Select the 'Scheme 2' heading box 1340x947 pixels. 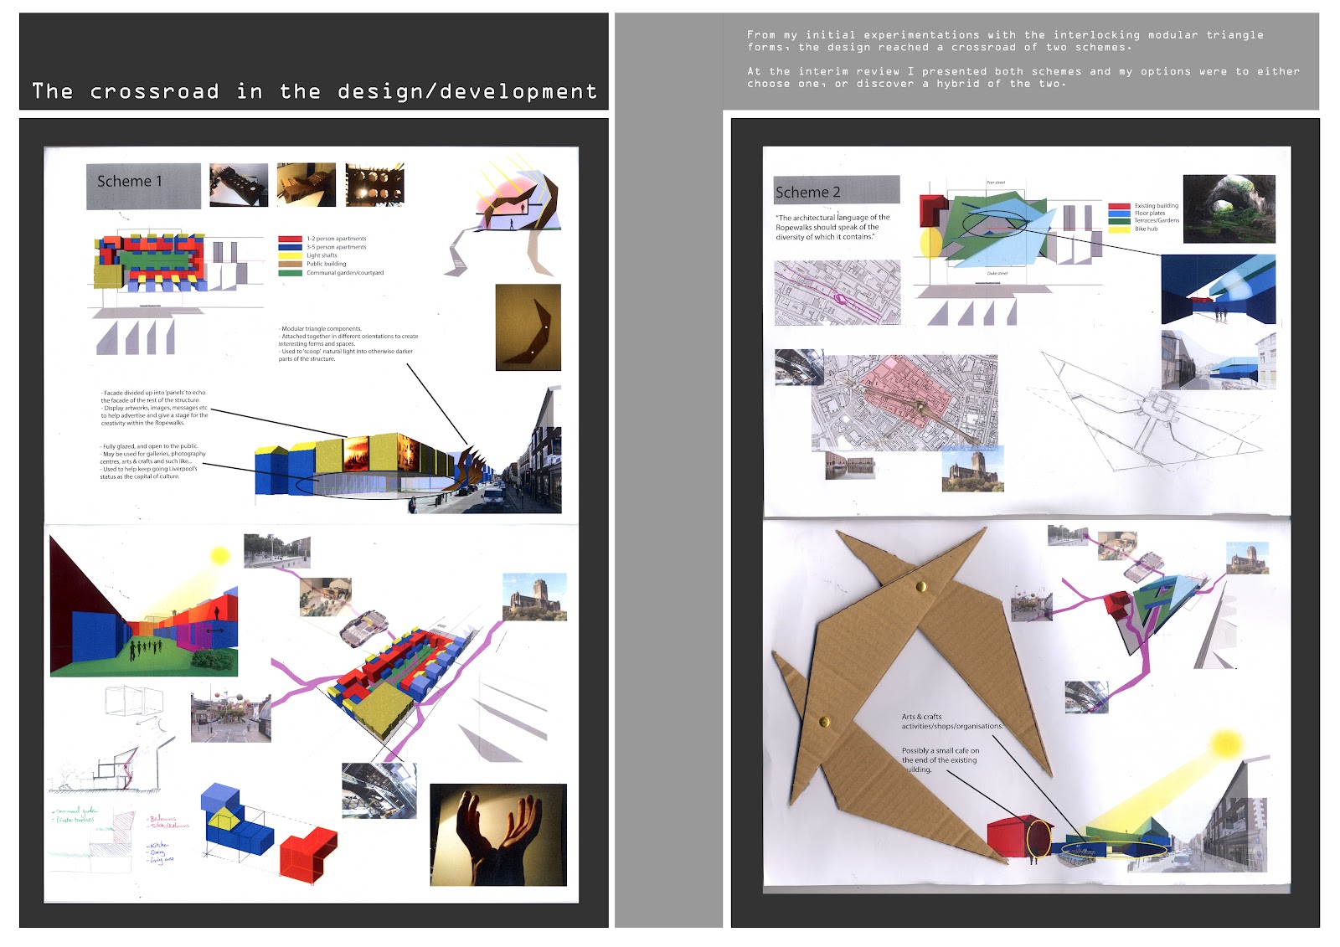(836, 190)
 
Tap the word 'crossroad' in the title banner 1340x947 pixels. (155, 91)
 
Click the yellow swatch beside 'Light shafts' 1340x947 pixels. (290, 255)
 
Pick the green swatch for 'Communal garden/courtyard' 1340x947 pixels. (290, 273)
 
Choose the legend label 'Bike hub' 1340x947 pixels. (1146, 229)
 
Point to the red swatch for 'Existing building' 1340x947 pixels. (1119, 206)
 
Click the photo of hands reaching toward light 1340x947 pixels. (497, 834)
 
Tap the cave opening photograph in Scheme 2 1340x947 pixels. (1229, 208)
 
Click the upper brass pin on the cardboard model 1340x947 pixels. (921, 587)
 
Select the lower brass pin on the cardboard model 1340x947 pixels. (823, 721)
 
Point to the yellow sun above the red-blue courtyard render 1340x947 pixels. (219, 556)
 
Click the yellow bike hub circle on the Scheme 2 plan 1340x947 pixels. (930, 243)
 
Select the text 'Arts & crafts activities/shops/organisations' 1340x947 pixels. (951, 722)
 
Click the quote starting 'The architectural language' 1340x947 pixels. (832, 227)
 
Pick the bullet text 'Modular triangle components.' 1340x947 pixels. (322, 329)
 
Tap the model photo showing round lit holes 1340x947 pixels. (374, 184)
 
